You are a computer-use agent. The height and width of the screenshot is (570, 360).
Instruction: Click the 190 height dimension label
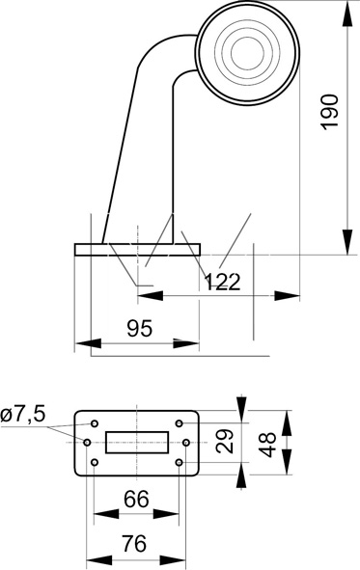click(330, 111)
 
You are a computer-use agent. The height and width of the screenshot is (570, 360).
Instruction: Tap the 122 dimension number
click(222, 282)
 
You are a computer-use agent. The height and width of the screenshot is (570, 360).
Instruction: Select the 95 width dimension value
click(140, 329)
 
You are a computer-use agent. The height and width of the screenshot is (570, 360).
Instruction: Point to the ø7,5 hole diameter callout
click(23, 414)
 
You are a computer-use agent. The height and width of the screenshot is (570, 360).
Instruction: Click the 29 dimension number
click(224, 441)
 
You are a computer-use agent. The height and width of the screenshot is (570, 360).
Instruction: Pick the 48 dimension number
click(267, 445)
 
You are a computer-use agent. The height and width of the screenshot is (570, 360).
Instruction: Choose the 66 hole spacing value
click(136, 499)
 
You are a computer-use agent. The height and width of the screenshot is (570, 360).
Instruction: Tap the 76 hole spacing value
click(134, 543)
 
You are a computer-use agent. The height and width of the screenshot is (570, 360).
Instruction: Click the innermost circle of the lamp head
click(247, 53)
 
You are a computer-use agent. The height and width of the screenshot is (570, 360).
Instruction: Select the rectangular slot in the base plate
click(137, 443)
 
